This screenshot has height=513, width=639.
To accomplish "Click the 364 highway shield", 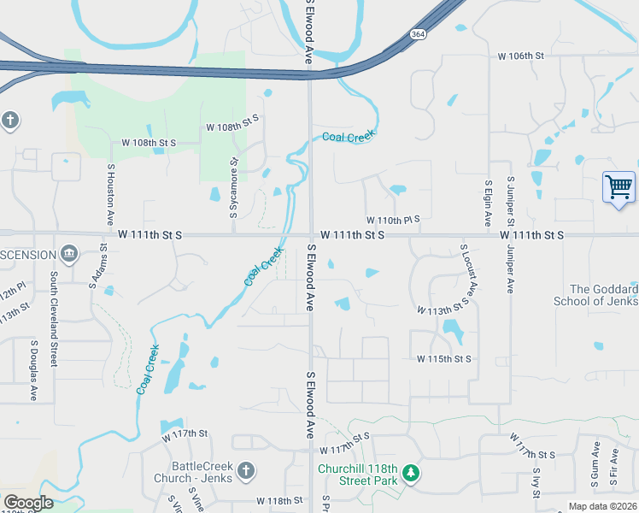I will pos(417,34).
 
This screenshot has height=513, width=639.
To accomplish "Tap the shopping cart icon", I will pos(618,186).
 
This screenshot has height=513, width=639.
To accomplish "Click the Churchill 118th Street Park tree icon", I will pos(411,473).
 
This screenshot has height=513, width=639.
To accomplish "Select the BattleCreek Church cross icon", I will pos(245,470).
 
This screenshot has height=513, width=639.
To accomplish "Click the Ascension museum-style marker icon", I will pos(69,254).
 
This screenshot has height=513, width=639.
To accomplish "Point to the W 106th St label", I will pos(522,56).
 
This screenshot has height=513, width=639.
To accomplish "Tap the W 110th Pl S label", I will pos(393,220).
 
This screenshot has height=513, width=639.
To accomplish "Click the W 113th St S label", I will pos(444,307).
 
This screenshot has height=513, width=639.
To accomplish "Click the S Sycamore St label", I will pos(233,185).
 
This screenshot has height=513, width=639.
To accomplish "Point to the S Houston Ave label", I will pos(111,195).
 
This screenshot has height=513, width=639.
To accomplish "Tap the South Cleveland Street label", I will pos(53,319).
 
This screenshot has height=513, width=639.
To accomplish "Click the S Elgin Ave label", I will pos(489,202).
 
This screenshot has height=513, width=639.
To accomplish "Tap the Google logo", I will pos(28,502).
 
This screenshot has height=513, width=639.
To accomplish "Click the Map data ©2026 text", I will pos(601,506).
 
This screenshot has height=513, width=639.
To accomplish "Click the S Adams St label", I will pos(96,266).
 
